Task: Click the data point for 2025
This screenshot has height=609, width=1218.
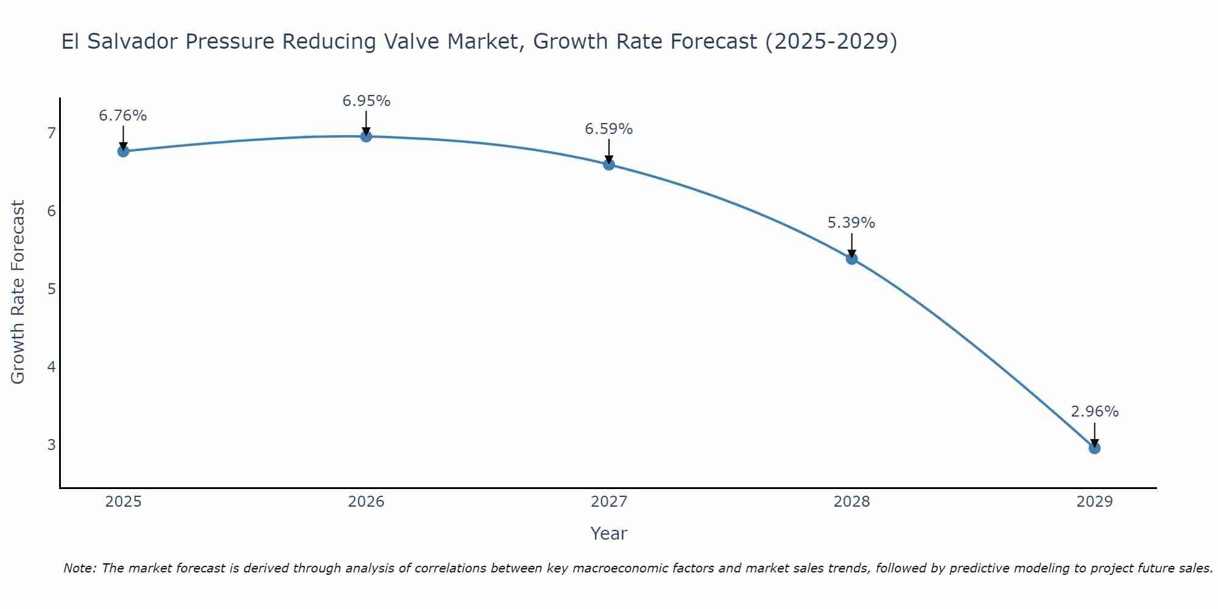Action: click(123, 151)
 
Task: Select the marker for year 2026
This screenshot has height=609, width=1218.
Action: click(366, 136)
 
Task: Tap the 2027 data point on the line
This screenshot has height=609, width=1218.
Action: click(609, 164)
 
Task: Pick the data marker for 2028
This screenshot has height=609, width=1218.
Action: click(851, 259)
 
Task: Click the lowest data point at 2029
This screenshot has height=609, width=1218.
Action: click(1094, 448)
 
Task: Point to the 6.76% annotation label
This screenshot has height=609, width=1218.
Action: click(123, 116)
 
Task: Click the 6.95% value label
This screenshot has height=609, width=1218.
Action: click(366, 101)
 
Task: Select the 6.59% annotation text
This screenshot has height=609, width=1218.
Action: click(609, 129)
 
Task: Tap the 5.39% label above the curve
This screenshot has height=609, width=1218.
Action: click(851, 223)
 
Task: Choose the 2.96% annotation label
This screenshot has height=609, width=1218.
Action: click(1094, 412)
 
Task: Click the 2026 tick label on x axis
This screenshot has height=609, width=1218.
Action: click(366, 502)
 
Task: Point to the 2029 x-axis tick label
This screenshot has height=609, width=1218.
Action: click(1094, 502)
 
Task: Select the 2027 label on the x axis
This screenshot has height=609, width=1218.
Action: click(609, 502)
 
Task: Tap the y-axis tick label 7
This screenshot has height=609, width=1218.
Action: click(51, 133)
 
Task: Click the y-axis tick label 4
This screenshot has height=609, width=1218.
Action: click(51, 367)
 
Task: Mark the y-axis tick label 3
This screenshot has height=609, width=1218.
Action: click(51, 445)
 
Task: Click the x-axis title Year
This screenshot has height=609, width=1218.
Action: click(609, 533)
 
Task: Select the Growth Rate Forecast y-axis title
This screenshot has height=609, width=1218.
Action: click(18, 292)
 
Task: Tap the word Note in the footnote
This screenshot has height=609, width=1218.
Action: click(79, 568)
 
